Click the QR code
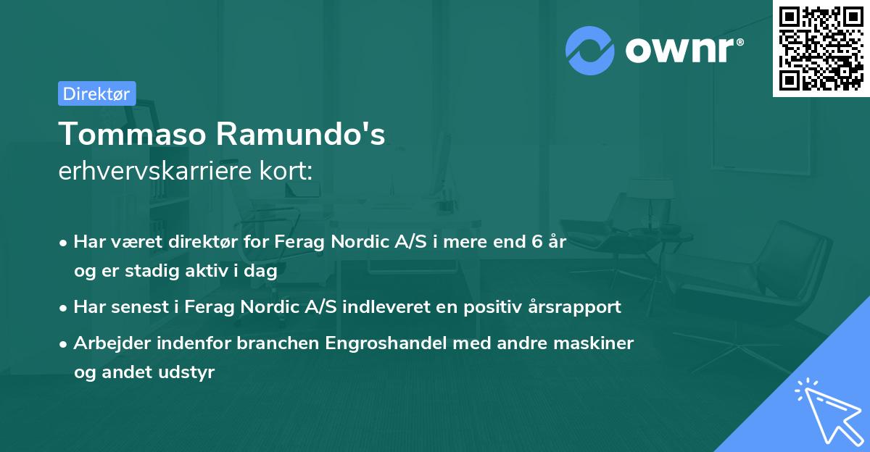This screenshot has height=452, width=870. click(821, 49)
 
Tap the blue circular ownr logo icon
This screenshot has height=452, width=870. click(590, 50)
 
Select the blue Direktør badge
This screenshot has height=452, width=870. click(96, 93)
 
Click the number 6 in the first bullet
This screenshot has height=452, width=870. click(537, 241)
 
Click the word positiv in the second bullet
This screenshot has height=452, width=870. click(499, 306)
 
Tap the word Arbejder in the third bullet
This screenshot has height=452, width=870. click(109, 343)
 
